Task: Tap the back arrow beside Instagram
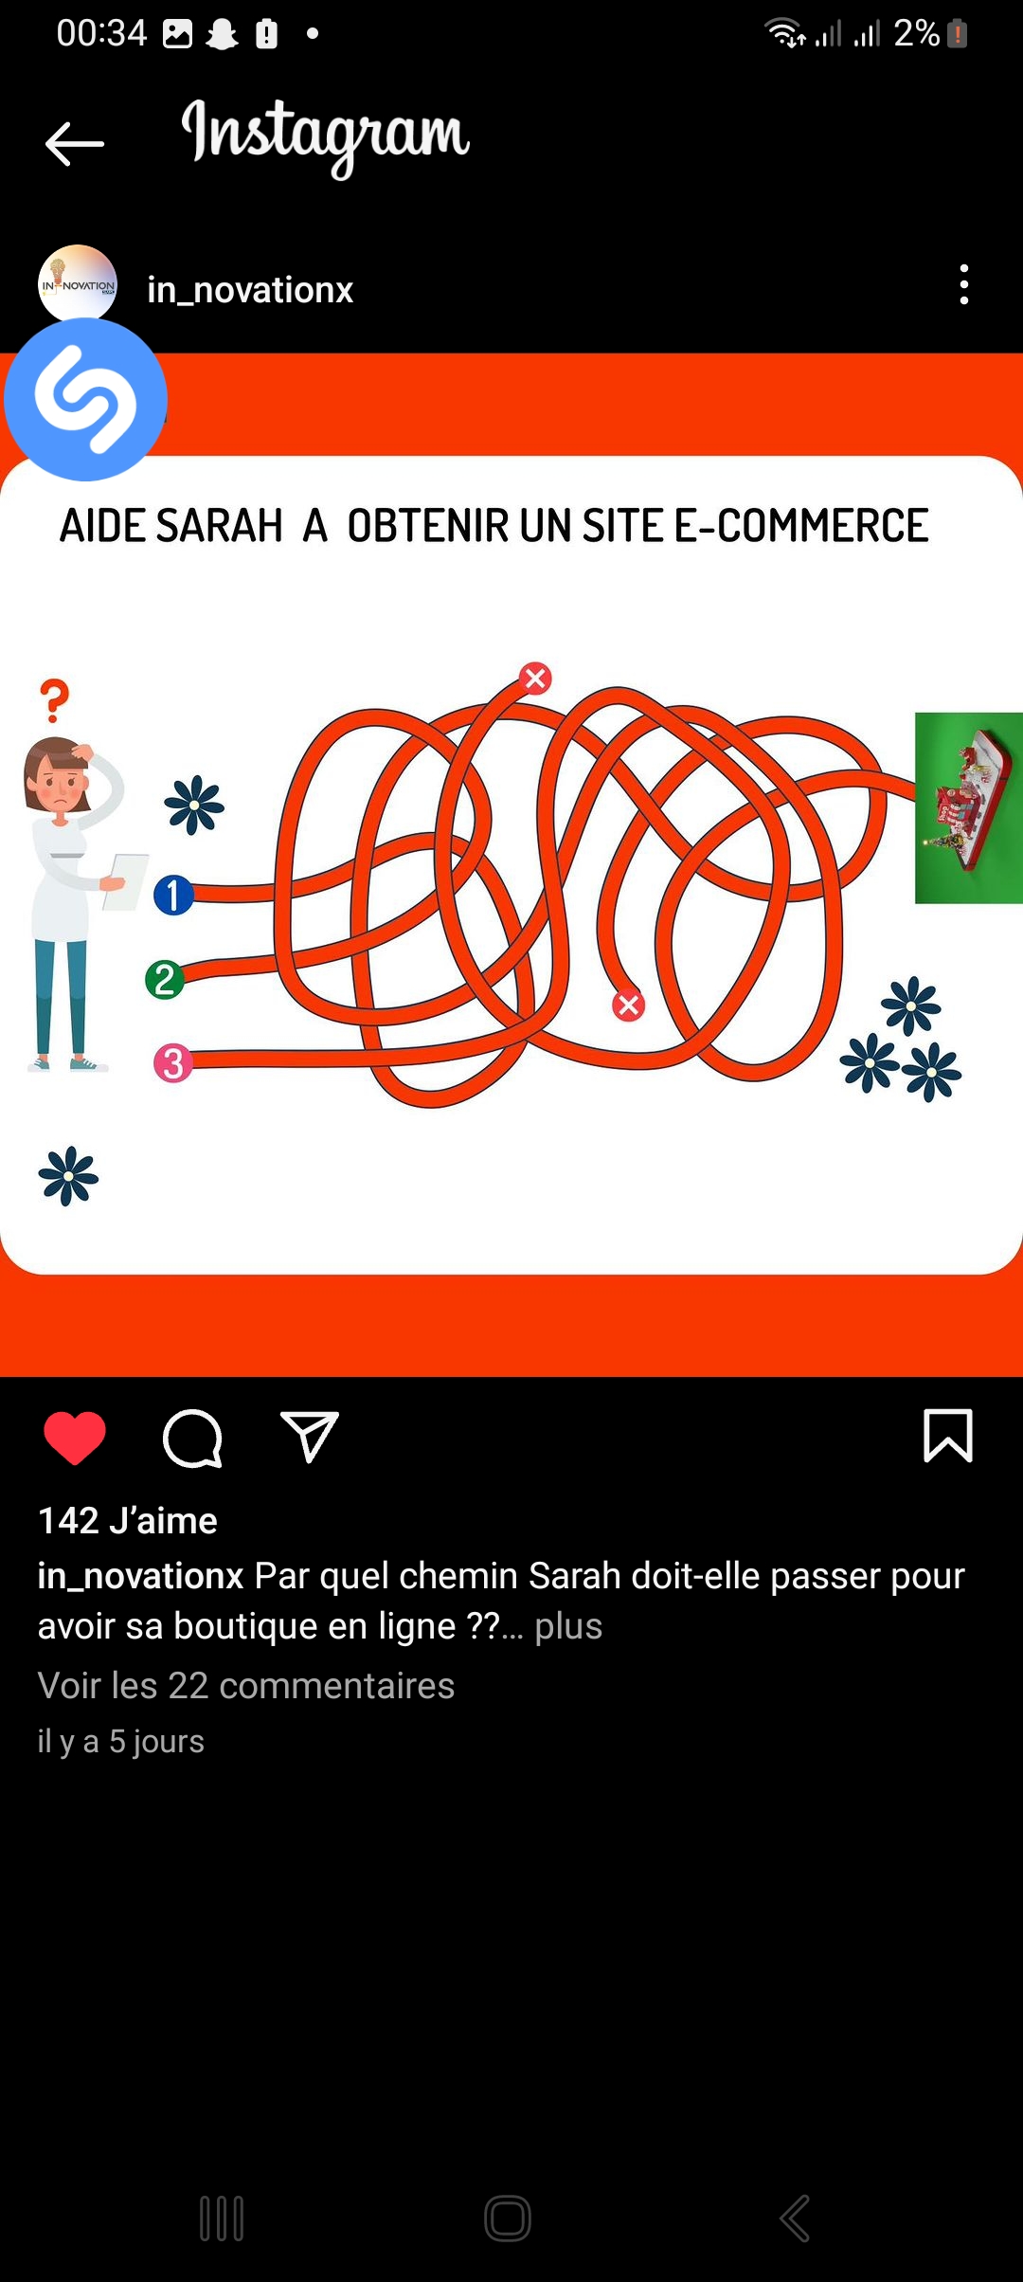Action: pos(74,144)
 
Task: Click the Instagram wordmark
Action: pos(326,136)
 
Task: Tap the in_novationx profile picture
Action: pos(78,284)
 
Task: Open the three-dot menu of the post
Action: pos(964,284)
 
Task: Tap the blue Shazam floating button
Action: pos(85,399)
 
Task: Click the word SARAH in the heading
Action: pos(219,526)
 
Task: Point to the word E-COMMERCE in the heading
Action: pos(801,526)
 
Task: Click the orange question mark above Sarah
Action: pos(55,701)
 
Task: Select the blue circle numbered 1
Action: pos(173,895)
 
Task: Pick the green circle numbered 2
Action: pos(165,979)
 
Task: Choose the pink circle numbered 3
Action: pos(173,1063)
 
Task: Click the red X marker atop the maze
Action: pos(535,678)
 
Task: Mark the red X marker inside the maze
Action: pos(628,1005)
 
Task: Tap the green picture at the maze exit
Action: pos(969,807)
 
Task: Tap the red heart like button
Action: pos(75,1438)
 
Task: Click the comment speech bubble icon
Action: pos(192,1438)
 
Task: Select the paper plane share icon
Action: pos(309,1437)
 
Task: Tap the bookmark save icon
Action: pos(948,1436)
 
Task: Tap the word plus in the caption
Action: pos(568,1625)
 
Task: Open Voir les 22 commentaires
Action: pos(246,1686)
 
